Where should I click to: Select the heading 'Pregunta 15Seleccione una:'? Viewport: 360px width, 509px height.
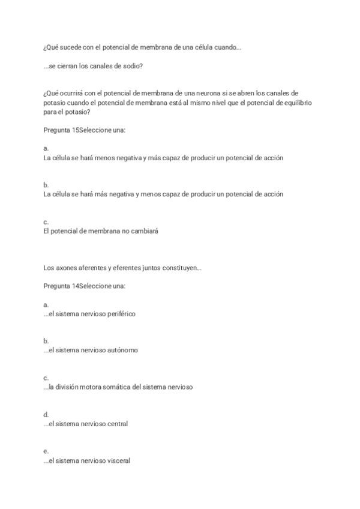(x=85, y=130)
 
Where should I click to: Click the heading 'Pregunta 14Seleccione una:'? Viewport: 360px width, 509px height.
(x=85, y=286)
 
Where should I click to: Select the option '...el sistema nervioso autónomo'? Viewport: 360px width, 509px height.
(x=91, y=351)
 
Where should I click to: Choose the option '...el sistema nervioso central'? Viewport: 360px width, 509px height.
(x=86, y=424)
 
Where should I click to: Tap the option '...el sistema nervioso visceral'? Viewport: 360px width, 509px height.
(x=87, y=460)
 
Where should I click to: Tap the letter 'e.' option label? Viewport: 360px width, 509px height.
(x=46, y=451)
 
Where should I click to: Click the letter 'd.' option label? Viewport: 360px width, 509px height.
(x=46, y=414)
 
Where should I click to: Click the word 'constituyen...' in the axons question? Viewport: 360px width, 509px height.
(x=181, y=268)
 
